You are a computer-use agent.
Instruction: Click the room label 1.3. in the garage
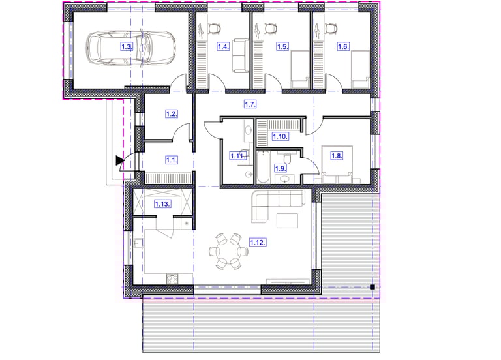[127, 47]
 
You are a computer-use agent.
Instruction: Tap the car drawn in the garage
[131, 48]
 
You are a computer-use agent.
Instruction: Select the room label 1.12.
[258, 243]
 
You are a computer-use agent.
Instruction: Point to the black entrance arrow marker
[120, 160]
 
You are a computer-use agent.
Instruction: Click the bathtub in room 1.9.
[264, 167]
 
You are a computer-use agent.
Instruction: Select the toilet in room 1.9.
[287, 158]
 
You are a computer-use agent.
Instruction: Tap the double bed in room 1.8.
[337, 164]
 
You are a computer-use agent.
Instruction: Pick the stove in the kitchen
[172, 279]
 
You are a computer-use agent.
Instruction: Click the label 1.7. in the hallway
[250, 104]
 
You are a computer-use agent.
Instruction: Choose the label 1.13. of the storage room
[162, 203]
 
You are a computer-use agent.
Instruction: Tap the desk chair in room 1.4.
[215, 29]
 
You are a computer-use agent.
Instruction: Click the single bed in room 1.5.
[300, 69]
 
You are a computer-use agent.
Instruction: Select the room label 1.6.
[343, 47]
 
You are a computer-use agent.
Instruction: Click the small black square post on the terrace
[372, 287]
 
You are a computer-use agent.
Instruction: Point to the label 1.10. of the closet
[281, 136]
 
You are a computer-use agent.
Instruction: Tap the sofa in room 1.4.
[240, 55]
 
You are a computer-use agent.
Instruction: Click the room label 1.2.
[172, 113]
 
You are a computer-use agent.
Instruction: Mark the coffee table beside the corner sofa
[287, 220]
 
